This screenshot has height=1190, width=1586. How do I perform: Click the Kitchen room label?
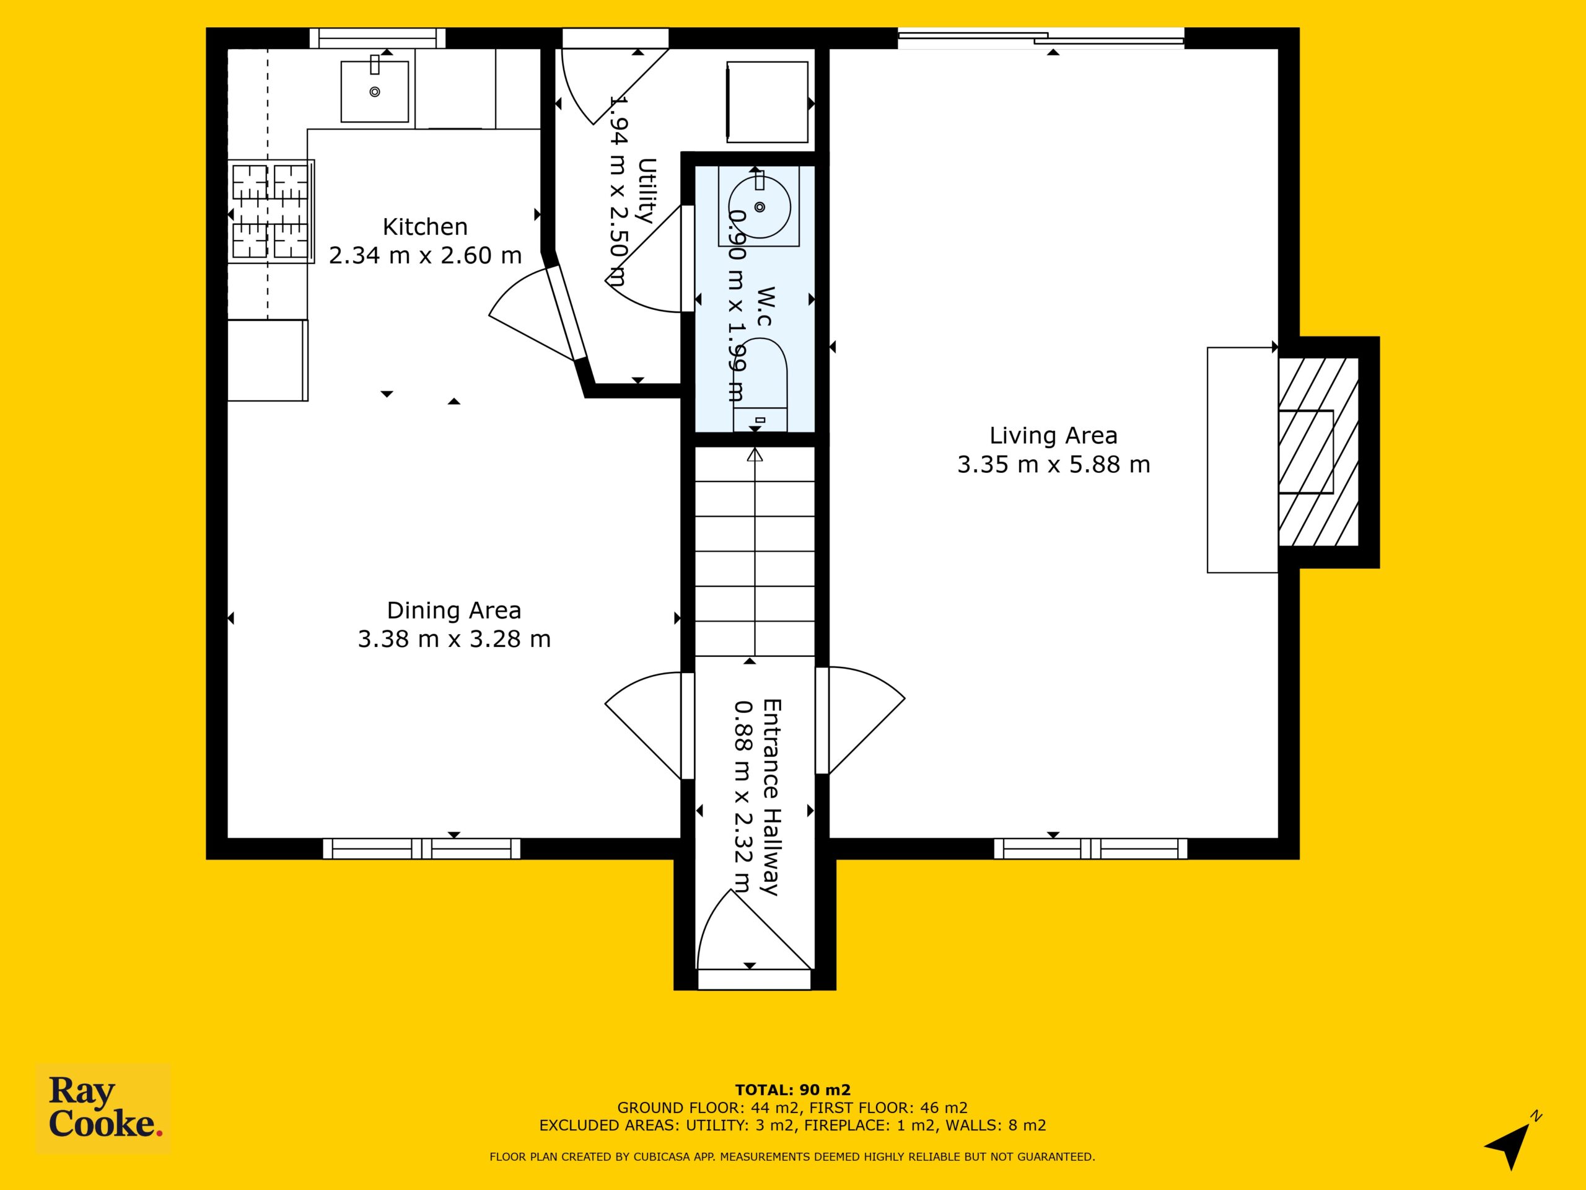pos(425,227)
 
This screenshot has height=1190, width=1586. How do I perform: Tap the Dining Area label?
pos(454,610)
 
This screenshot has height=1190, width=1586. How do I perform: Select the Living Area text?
pos(1053,435)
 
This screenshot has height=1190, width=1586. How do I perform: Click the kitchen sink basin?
pos(374,92)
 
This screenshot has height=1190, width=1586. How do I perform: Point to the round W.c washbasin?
pos(760,206)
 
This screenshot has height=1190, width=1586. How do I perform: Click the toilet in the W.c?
pos(760,387)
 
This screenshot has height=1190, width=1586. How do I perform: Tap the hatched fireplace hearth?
pos(1318,452)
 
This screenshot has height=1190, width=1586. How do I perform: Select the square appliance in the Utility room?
pos(767,102)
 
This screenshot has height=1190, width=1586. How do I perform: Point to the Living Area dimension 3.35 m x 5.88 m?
pos(1053,465)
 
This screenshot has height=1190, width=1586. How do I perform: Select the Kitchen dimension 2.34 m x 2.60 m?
pos(425,255)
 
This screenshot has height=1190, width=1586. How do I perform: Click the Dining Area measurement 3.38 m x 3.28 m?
pos(454,639)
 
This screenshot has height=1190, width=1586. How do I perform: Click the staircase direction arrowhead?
pos(755,455)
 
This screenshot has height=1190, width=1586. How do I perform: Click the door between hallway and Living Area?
pos(861,721)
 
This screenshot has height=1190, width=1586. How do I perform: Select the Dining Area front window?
pos(422,849)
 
